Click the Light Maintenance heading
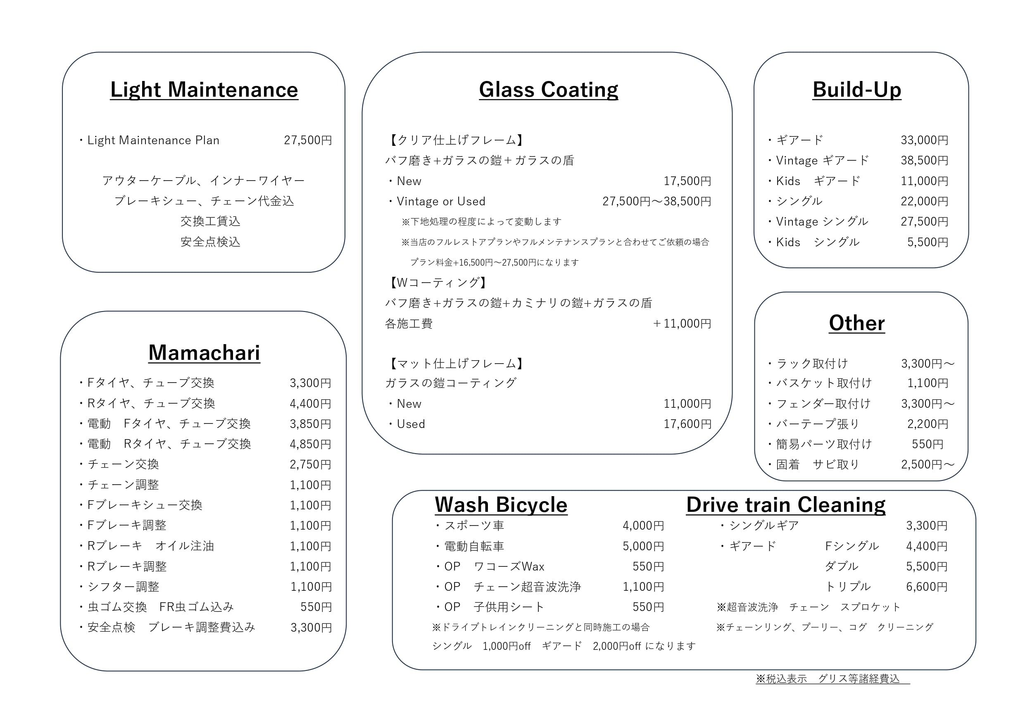[x=204, y=90]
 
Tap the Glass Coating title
[x=548, y=90]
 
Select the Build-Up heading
[x=856, y=90]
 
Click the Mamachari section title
[x=204, y=353]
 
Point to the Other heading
[x=856, y=323]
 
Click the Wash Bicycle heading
[x=501, y=505]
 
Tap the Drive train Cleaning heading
[x=786, y=505]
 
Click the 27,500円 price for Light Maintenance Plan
[x=308, y=140]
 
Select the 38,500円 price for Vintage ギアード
[x=924, y=160]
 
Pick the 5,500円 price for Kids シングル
[x=927, y=242]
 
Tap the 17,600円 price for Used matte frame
[x=687, y=424]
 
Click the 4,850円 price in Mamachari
[x=310, y=444]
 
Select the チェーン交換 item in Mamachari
[x=123, y=464]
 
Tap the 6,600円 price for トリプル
[x=926, y=587]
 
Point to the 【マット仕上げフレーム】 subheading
[x=455, y=364]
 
